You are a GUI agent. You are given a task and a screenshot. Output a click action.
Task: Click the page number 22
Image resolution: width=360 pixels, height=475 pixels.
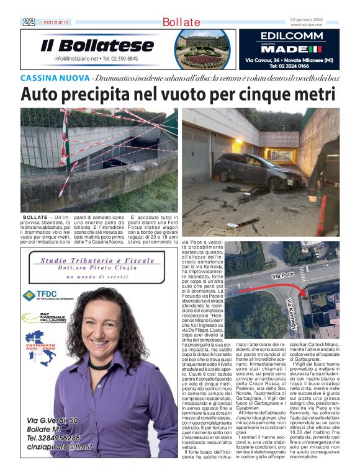[28, 22]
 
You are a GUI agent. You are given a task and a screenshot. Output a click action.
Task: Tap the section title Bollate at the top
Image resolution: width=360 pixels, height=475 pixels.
[181, 22]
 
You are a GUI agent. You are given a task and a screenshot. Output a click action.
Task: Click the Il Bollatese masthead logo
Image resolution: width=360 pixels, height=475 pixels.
[97, 45]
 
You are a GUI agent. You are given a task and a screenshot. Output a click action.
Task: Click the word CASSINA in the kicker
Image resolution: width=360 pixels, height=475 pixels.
[38, 78]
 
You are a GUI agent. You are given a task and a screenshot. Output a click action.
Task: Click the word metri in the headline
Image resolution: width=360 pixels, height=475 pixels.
[311, 94]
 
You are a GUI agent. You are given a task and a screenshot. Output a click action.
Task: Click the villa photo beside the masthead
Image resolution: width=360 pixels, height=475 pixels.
[202, 48]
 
